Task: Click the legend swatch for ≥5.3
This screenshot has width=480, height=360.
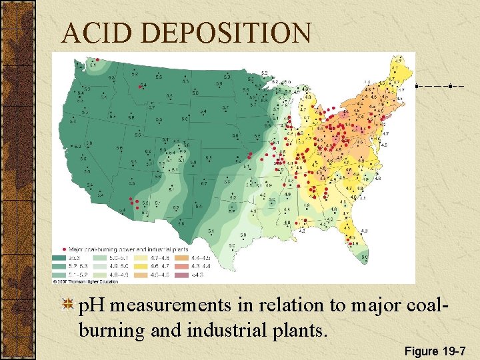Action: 61,257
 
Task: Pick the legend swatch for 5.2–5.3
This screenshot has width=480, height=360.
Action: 61,265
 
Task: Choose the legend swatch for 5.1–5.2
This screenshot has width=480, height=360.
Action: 61,274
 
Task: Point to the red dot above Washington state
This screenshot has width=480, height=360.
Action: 97,58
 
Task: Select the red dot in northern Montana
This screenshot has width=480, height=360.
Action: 143,85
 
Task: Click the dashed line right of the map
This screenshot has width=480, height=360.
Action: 441,87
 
